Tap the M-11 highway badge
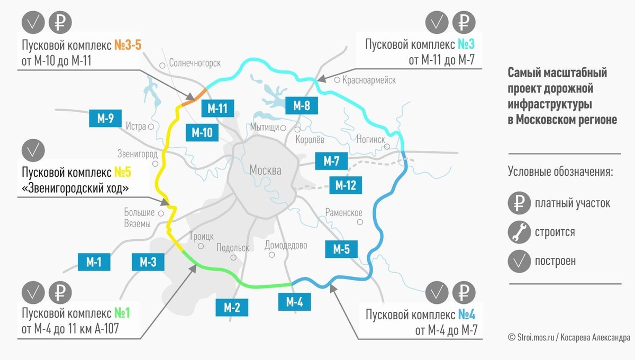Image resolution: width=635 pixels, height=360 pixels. (217, 109)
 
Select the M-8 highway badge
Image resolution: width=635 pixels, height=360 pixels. (301, 106)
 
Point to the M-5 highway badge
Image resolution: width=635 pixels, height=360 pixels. (341, 249)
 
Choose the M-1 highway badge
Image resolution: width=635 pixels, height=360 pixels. (94, 261)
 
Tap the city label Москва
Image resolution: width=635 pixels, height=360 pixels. (265, 170)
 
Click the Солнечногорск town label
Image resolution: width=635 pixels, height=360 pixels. (195, 63)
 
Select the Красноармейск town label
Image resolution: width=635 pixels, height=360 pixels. (369, 80)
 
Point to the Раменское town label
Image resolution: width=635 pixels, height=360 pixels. (344, 213)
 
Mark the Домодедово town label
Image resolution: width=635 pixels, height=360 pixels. (286, 246)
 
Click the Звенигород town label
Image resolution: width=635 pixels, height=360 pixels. (137, 154)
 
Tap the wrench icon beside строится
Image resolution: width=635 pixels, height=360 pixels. (519, 232)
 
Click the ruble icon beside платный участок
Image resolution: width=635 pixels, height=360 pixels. (519, 203)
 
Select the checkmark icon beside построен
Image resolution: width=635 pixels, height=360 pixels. (519, 260)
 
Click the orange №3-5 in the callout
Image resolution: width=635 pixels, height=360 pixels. (128, 45)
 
